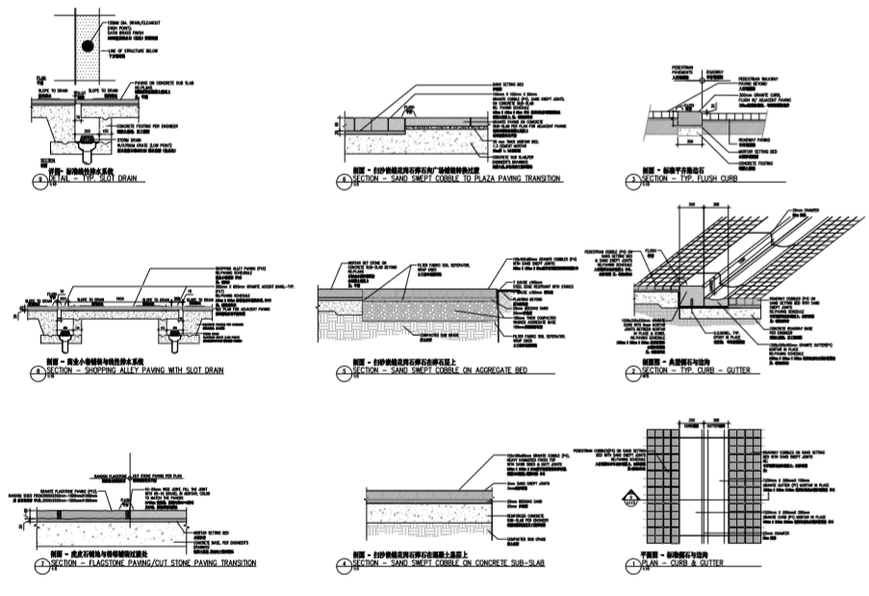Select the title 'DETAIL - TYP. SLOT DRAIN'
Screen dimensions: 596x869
92,179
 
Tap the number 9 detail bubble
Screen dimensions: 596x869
38,180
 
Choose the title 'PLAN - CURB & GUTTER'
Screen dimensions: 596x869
687,562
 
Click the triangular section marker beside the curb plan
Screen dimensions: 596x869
632,499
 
